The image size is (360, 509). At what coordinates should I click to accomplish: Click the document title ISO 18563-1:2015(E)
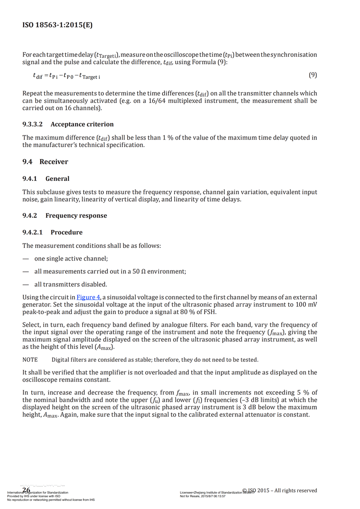click(x=58, y=25)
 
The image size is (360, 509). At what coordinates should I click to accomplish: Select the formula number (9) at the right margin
click(x=312, y=75)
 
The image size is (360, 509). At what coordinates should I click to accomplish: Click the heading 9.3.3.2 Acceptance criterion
click(x=68, y=124)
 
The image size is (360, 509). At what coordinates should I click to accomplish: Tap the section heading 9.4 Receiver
click(x=45, y=162)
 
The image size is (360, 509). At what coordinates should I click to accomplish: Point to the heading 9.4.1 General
click(x=46, y=179)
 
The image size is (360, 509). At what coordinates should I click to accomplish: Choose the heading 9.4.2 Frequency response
click(x=65, y=216)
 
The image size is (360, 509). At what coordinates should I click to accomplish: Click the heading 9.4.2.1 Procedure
click(x=53, y=233)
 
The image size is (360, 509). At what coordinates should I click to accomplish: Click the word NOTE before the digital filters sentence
click(x=30, y=360)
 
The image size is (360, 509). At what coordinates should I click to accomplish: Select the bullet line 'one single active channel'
click(x=71, y=259)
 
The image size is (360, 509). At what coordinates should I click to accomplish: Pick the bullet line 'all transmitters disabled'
click(x=71, y=284)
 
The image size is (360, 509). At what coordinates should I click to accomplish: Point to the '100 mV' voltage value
click(x=306, y=305)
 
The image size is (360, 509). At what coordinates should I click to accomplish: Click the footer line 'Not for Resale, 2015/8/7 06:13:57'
click(x=202, y=496)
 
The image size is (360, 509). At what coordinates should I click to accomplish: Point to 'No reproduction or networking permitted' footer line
click(x=51, y=500)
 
